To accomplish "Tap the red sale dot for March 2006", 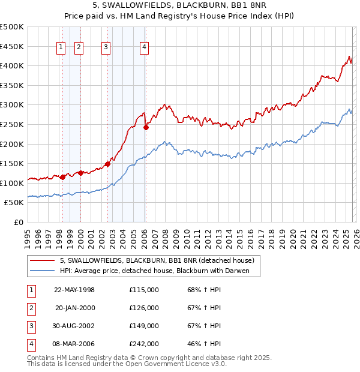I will [x=146, y=127].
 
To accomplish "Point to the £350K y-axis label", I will [x=12, y=86].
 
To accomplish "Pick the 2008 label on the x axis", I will [x=165, y=235].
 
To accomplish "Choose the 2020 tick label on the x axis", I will [x=292, y=235].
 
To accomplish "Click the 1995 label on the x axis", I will [x=28, y=235].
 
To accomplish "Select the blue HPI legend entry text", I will [x=158, y=271].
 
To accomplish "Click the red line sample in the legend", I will [x=43, y=260].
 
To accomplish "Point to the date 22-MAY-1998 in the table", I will [x=74, y=290].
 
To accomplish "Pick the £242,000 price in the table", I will [x=144, y=344].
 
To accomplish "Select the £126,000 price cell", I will [x=144, y=308].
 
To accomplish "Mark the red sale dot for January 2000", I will [x=80, y=173].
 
